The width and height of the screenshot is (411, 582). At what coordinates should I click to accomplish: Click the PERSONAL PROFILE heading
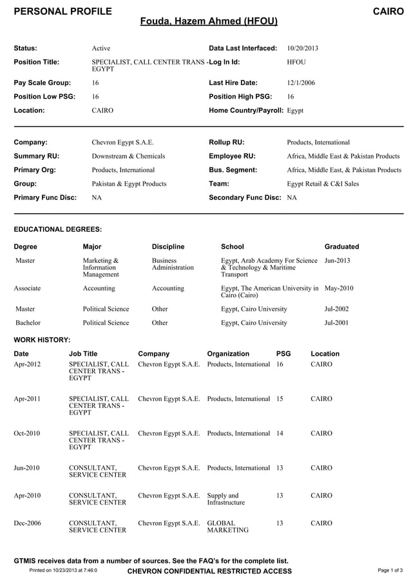point(62,11)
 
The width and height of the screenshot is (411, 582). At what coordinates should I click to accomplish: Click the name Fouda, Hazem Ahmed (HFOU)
point(209,21)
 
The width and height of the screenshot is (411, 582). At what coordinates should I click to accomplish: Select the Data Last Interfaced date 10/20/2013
point(302,48)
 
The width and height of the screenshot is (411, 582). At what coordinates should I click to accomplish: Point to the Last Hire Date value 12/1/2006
point(301,82)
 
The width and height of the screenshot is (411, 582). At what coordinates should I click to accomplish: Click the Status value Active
point(101,48)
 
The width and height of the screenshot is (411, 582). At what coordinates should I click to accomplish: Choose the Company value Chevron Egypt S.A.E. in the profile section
point(122,142)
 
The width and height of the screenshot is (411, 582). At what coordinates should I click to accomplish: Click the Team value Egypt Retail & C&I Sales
point(323,184)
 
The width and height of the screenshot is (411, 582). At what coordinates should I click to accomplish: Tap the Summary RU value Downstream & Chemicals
point(128,156)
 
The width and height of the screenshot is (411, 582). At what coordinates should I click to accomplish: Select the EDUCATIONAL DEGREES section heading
point(58,229)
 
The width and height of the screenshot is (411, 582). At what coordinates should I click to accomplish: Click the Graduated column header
point(341,247)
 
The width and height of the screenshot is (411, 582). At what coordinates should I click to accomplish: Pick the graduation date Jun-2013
point(338,260)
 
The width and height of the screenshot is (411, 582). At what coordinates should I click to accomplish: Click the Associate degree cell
point(28,288)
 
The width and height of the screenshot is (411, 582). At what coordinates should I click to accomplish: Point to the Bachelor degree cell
point(28,322)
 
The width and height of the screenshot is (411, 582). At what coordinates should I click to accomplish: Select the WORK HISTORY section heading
point(42,340)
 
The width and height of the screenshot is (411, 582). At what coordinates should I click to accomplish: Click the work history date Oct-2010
point(27,433)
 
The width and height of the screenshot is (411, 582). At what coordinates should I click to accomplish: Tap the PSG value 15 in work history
point(280,399)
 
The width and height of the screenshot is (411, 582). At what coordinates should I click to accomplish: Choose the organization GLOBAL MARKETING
point(228,527)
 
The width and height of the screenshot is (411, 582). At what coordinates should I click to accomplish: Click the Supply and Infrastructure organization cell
point(225,499)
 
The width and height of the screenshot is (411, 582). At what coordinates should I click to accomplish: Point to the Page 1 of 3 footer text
point(391,570)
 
